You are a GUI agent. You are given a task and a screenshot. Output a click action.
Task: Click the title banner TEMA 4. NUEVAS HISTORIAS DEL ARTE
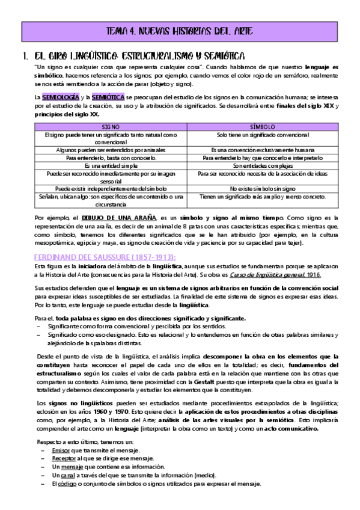click(180, 31)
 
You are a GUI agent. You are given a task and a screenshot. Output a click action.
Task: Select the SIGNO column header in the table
click(111, 127)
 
